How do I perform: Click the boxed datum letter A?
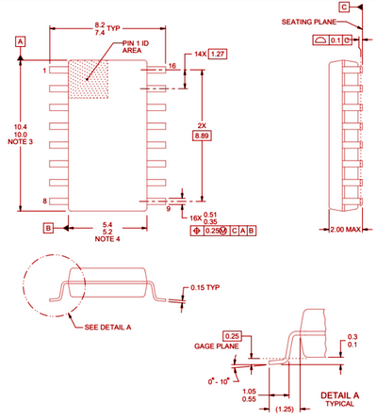(x=20, y=40)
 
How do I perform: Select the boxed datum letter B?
(x=48, y=227)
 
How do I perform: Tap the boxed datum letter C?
(x=344, y=7)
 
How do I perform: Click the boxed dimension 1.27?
(x=218, y=56)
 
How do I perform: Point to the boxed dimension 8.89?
(x=202, y=137)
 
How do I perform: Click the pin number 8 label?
(x=44, y=201)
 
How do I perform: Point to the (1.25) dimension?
(x=284, y=409)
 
